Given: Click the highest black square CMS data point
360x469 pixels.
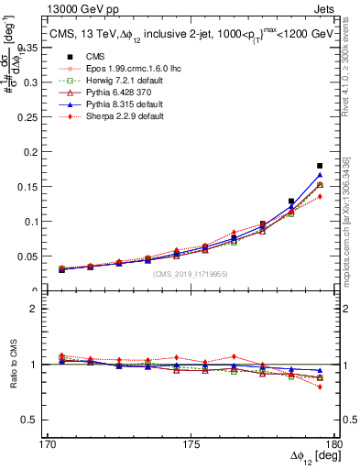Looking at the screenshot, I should [x=320, y=166].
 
